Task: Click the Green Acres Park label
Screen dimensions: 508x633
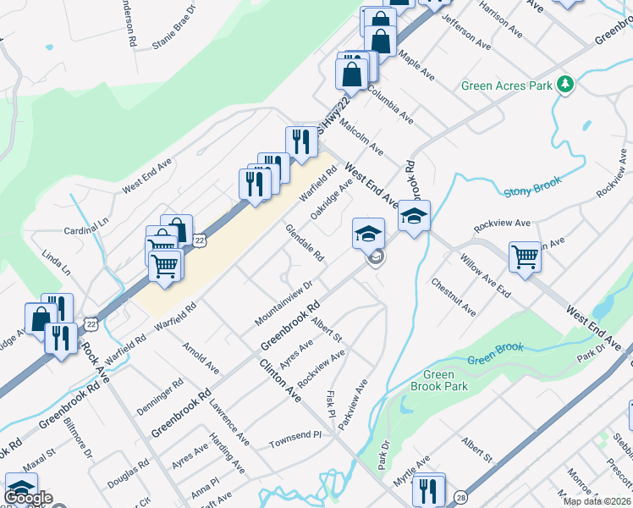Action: pyautogui.click(x=505, y=86)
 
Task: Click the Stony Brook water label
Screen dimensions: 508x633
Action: pyautogui.click(x=528, y=191)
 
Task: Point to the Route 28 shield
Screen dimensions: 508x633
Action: pyautogui.click(x=459, y=497)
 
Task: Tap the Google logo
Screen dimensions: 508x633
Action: pyautogui.click(x=29, y=498)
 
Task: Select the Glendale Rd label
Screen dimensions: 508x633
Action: pyautogui.click(x=305, y=243)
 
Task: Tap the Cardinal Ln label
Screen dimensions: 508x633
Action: pyautogui.click(x=87, y=230)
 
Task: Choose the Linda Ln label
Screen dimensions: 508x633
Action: pyautogui.click(x=58, y=261)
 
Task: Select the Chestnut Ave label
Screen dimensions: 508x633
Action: pyautogui.click(x=453, y=297)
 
